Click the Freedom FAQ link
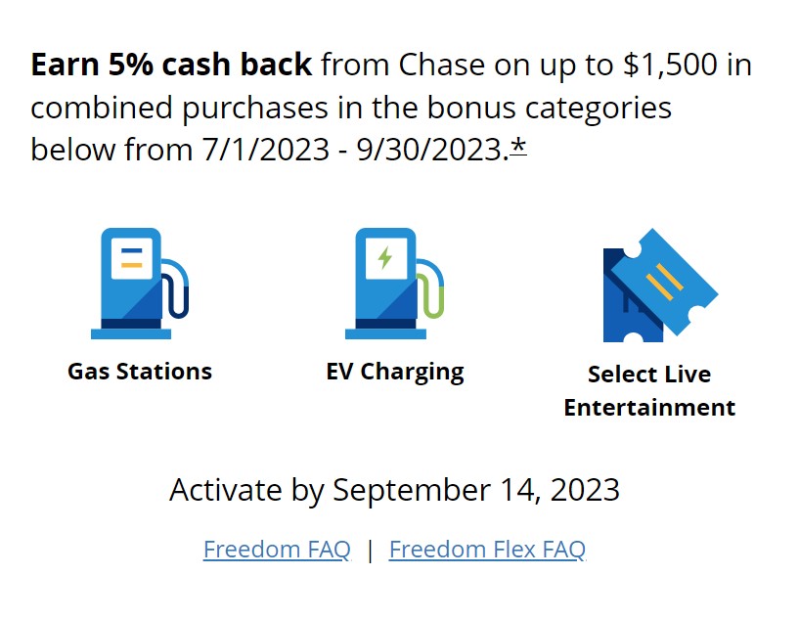277,550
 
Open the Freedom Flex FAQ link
487,550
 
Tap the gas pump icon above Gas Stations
140,284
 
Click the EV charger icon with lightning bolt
394,284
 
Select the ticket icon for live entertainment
660,286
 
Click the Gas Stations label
140,372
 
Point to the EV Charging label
395,373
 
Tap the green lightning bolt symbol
385,258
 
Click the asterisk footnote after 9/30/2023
518,147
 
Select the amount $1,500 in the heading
670,66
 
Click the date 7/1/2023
265,150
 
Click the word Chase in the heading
442,66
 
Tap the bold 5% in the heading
130,66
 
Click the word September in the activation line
412,491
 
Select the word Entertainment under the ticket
649,408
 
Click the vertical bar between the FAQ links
370,551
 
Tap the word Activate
226,490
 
